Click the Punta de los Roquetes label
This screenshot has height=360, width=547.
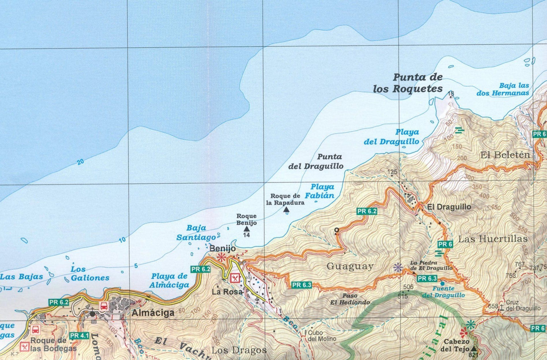click(408, 83)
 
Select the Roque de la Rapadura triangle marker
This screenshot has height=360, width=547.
click(286, 210)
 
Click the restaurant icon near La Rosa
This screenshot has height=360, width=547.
click(235, 278)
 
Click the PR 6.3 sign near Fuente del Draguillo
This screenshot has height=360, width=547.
click(427, 279)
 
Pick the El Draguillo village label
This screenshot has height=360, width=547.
click(449, 207)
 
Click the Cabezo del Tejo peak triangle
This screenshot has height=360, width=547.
click(474, 347)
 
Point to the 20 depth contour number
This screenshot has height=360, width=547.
click(81, 161)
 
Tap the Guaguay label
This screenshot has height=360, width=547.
click(350, 266)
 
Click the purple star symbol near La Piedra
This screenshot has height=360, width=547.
click(398, 268)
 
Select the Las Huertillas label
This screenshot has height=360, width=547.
click(493, 239)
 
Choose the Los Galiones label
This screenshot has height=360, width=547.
click(90, 274)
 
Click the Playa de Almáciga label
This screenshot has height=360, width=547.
click(170, 281)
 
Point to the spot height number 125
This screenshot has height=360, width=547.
click(392, 172)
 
